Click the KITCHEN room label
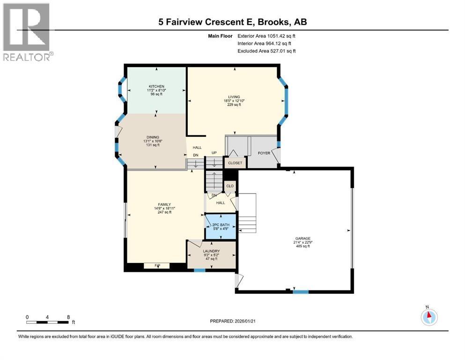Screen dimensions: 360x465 point(156,87)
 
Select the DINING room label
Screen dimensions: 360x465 point(152,137)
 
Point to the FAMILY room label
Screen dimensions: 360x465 point(164,205)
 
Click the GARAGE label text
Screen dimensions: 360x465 point(303,238)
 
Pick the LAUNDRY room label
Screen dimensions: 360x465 point(211,251)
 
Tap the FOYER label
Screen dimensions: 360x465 point(264,153)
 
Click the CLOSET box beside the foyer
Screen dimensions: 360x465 point(235,163)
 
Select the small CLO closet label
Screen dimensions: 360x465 point(229,186)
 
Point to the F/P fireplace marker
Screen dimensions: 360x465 point(157,266)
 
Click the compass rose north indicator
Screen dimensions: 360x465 point(428,316)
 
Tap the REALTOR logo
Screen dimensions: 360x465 point(26,31)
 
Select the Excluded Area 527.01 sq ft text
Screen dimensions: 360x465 point(266,51)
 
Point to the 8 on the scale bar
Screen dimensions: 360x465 point(68,317)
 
